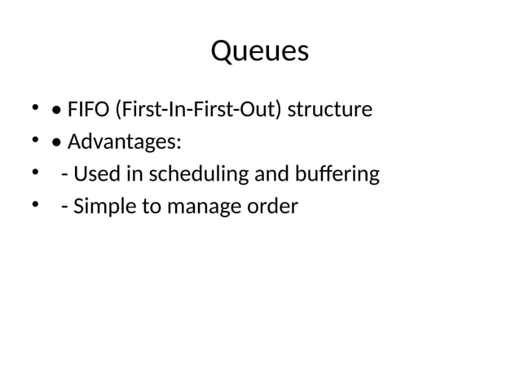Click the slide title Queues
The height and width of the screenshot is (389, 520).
coord(260,51)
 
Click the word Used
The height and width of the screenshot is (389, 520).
coord(92,174)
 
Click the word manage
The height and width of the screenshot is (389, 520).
coord(204,207)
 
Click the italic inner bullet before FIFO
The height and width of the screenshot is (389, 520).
coord(55,110)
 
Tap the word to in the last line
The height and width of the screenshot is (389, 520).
coord(151,207)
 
